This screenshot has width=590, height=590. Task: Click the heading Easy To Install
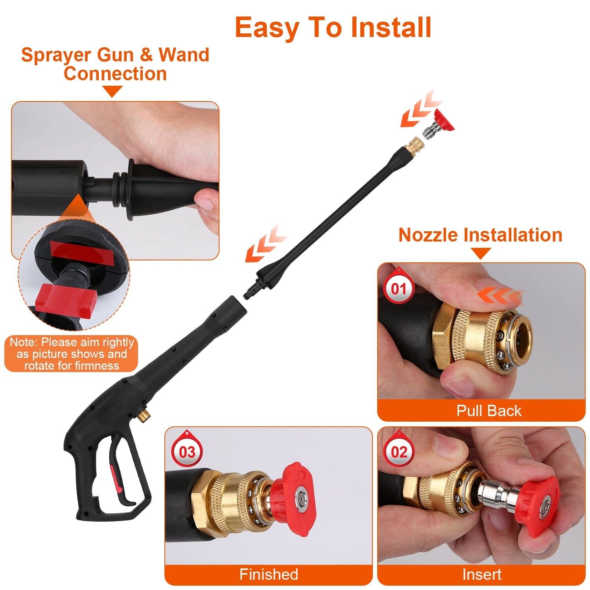click(333, 28)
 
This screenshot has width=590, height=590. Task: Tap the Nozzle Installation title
click(480, 235)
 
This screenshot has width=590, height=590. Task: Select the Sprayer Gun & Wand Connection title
click(115, 64)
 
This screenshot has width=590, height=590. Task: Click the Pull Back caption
click(489, 411)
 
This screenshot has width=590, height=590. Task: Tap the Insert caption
click(481, 574)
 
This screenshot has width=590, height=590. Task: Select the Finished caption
click(269, 574)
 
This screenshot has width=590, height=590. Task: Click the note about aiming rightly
click(72, 354)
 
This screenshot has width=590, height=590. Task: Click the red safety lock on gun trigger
click(115, 477)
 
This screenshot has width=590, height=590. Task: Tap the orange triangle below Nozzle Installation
click(481, 253)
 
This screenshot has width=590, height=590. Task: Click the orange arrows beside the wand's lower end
click(265, 244)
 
